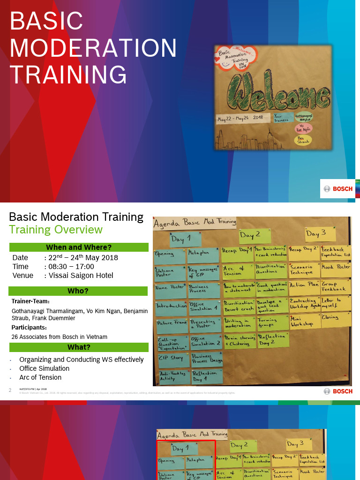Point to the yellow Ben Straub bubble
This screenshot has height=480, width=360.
[x=303, y=140]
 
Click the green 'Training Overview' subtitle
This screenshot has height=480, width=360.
[x=56, y=230]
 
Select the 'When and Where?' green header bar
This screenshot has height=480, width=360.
[x=79, y=247]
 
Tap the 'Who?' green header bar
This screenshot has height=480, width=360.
[x=79, y=291]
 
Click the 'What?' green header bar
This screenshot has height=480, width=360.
[x=79, y=347]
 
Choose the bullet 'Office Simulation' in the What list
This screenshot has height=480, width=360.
[x=44, y=368]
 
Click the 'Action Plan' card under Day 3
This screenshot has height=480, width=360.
[x=304, y=285]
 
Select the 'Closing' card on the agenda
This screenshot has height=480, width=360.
[x=335, y=318]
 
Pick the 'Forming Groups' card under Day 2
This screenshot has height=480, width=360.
[x=272, y=322]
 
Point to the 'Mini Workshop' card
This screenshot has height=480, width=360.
[x=304, y=322]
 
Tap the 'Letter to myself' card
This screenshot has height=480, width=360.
[x=335, y=302]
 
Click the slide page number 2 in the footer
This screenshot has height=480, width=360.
[x=10, y=390]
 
